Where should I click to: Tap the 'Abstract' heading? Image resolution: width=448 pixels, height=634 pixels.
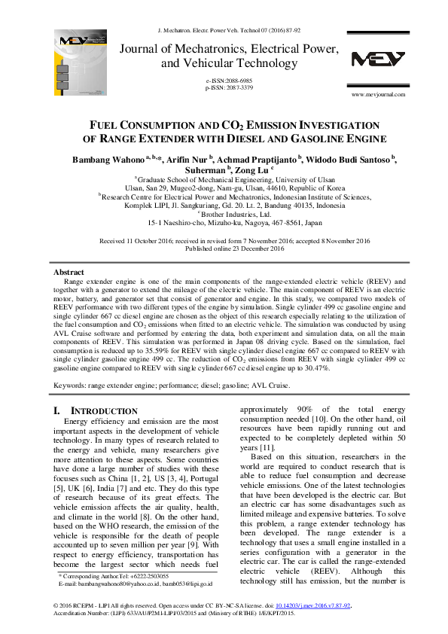click(x=69, y=272)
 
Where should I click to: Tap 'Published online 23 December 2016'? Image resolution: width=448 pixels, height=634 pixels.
click(x=224, y=248)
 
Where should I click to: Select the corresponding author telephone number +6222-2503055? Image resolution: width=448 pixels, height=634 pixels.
click(x=148, y=575)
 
